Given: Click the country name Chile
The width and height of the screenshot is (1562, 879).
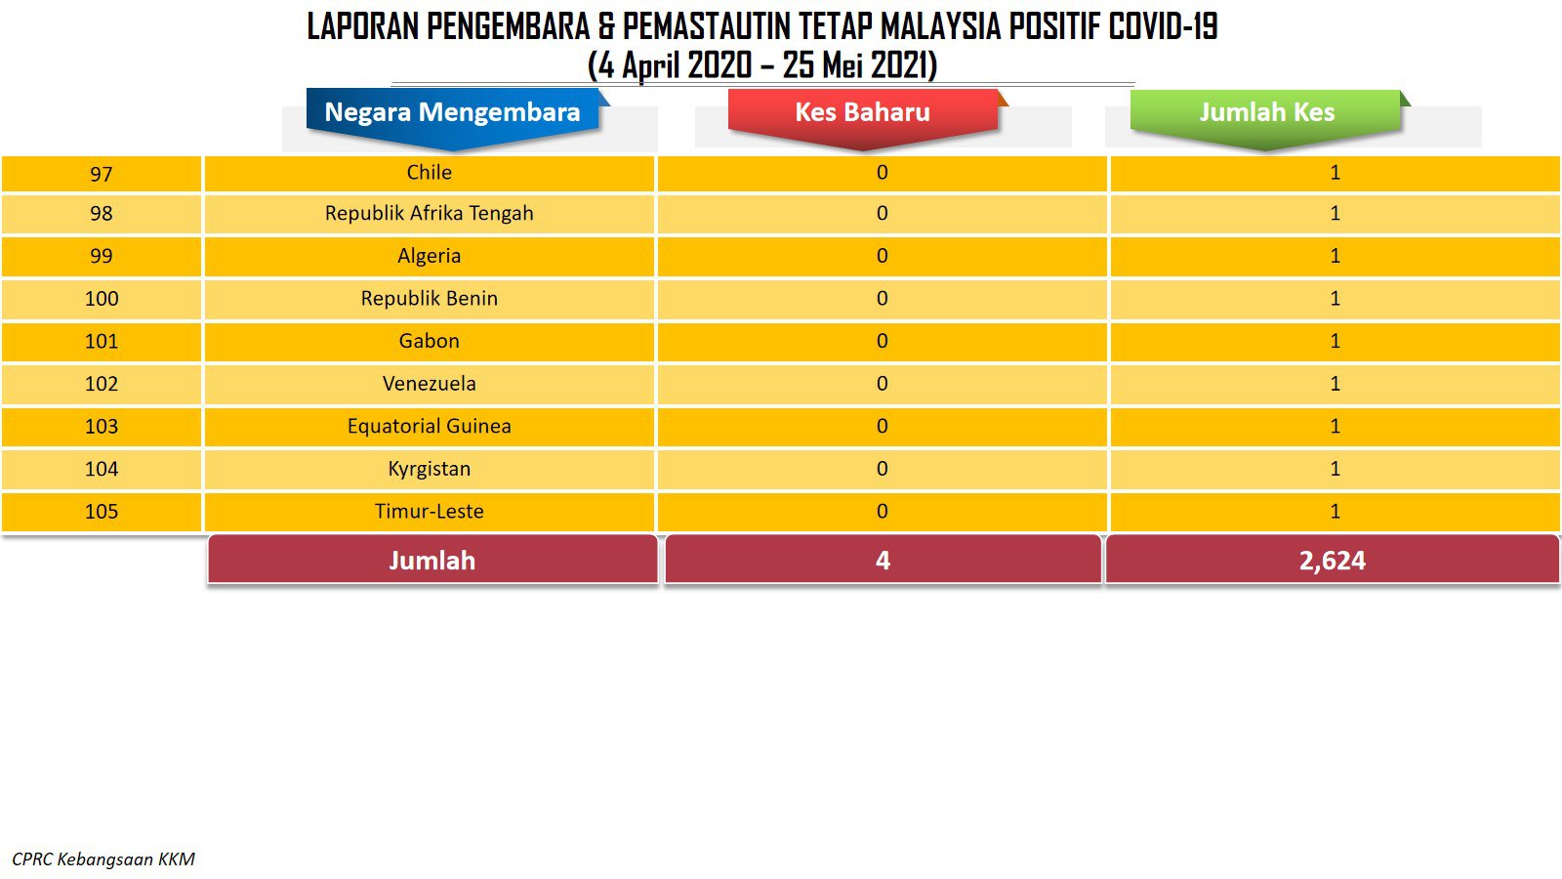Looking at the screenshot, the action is pos(429,172).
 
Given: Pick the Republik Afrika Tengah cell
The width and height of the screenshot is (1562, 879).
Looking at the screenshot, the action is pos(429,213).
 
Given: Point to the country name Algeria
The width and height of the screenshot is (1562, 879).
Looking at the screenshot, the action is pos(429,256).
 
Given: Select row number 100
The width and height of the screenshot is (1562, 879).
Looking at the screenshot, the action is pos(102,299).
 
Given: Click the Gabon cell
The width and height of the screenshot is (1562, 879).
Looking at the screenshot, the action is pos(429,341).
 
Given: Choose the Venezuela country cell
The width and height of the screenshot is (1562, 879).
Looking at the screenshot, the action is pos(429,383).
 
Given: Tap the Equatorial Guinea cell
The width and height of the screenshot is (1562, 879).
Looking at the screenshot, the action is pos(429,426).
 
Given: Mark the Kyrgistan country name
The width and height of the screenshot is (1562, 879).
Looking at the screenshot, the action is pos(429,469).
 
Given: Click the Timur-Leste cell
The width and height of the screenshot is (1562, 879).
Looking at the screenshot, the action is pos(429,511).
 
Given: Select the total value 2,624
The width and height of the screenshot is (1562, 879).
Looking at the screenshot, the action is pos(1332,561).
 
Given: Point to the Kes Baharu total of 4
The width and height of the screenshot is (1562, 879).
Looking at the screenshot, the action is pos(883,561).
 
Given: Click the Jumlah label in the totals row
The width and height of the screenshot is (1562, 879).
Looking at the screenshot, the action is pos(432,561).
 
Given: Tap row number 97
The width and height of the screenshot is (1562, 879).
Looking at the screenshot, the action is pos(102,174).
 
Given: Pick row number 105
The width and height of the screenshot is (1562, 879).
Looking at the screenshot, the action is pos(102,512).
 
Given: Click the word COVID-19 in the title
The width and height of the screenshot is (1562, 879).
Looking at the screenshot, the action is pos(1163,27).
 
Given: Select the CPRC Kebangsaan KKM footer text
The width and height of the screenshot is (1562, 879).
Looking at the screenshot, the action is pos(103,858).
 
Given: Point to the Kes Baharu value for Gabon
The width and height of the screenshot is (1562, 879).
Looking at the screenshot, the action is pos(883,341).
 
